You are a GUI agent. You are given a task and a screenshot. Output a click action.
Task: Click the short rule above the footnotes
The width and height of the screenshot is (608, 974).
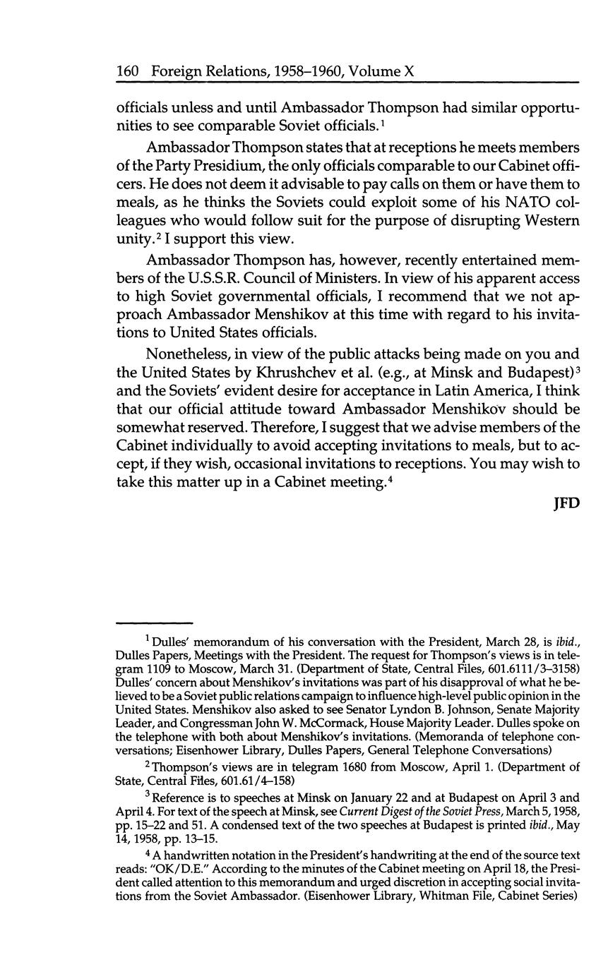coord(154,623)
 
